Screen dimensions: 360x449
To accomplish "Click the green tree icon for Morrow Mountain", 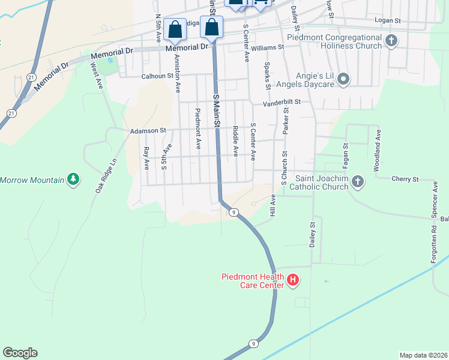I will click(73, 179).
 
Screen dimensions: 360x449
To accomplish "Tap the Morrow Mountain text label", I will click(32, 180).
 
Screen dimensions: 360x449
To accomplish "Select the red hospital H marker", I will click(293, 280).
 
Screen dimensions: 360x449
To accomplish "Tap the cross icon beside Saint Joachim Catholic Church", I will click(358, 181).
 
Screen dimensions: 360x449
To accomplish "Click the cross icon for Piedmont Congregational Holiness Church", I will click(391, 41).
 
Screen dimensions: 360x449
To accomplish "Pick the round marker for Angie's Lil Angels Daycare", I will click(343, 79).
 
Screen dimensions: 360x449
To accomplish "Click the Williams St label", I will click(267, 47).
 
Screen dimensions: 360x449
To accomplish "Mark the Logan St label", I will click(387, 20).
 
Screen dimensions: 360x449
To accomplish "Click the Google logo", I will click(20, 353).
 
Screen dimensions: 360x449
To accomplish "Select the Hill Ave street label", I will click(273, 205).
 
